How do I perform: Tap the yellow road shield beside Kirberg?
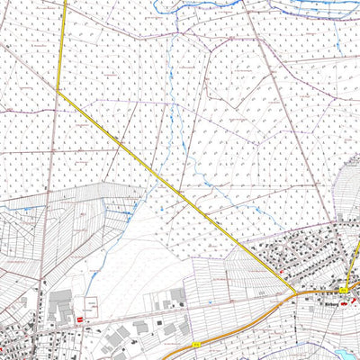coord(343,289)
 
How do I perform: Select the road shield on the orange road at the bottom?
coord(195,343)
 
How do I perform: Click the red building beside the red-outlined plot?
coord(80,318)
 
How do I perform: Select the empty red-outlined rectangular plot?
coord(91,305)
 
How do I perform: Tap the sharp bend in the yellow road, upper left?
coord(58,91)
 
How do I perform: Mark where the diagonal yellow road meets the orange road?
coord(294,292)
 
